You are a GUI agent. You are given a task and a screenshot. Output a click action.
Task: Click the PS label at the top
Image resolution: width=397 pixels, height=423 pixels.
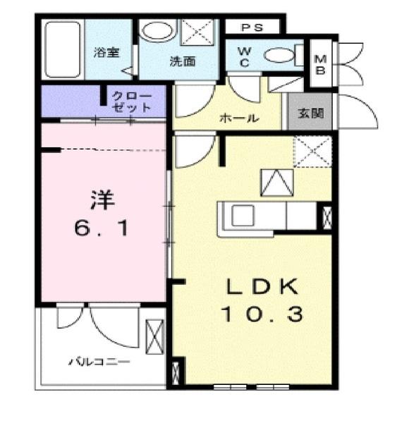(252, 27)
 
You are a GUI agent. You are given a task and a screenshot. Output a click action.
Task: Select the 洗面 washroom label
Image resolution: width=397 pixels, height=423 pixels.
(181, 61)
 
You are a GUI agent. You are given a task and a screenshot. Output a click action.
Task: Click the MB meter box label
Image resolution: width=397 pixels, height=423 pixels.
(320, 65)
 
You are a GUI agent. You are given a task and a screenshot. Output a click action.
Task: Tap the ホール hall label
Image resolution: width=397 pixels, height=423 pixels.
(240, 118)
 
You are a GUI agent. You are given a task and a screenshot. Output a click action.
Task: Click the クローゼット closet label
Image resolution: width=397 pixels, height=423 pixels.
(132, 102)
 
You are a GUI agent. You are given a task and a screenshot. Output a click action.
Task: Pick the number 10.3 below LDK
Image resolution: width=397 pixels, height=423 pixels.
(262, 314)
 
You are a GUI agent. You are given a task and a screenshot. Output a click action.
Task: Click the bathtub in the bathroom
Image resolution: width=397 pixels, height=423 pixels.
(63, 49)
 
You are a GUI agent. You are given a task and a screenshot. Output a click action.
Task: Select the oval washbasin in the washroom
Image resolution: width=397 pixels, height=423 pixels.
(157, 32)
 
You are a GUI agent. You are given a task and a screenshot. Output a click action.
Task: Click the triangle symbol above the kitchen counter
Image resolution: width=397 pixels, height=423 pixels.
(276, 183)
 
